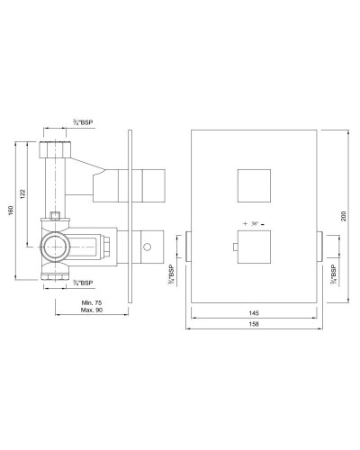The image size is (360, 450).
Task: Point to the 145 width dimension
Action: (256, 315)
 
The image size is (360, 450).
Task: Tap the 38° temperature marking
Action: (258, 220)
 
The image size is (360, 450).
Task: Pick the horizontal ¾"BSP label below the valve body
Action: (82, 282)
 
